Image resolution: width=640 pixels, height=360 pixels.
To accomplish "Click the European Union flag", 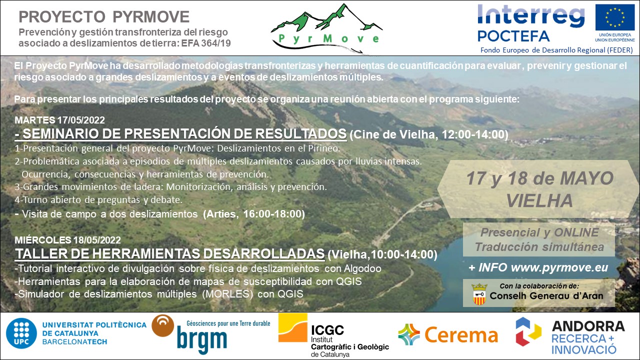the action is pos(615,17).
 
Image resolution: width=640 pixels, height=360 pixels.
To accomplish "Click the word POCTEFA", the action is pos(513,36).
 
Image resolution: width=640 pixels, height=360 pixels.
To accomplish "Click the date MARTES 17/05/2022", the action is pos(59,120).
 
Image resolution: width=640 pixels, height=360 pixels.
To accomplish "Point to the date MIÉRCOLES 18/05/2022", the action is pos(67,240).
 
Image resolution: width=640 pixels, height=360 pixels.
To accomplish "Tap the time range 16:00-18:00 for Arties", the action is pos(272,214).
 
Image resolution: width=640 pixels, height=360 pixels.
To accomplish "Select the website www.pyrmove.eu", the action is pos(559,267).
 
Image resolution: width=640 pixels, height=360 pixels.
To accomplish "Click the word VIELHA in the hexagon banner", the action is pos(539,200).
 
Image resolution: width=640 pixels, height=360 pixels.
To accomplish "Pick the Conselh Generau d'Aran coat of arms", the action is pos(479,294).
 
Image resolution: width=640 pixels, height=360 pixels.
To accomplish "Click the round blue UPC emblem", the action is pos(21,333).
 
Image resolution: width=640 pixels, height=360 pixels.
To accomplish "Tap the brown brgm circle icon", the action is pos(163,325).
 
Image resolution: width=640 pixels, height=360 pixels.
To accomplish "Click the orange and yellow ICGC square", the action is pos(293,327).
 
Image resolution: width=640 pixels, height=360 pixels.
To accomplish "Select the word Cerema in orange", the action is pos(461,335).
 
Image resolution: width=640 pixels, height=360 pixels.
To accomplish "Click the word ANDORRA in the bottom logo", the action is pos(588,326).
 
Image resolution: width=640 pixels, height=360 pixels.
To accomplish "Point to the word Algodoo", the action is pos(362,269).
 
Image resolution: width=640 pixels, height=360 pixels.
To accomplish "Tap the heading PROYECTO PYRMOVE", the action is pos(104,16).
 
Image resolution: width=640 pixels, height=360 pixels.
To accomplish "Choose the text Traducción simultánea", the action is pos(539,247).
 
